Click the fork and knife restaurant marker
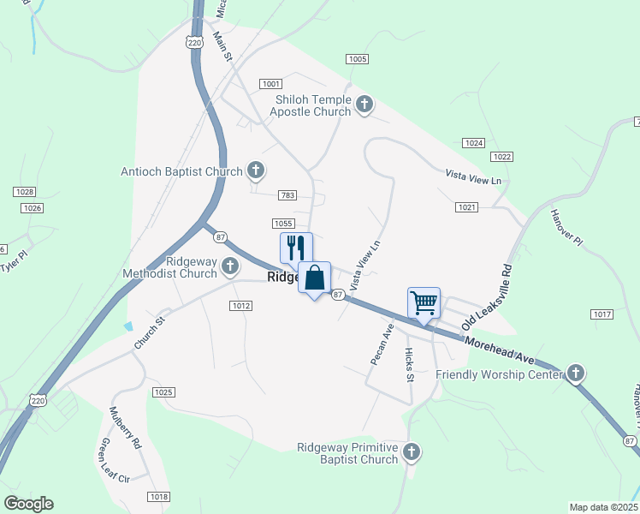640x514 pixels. coord(296,248)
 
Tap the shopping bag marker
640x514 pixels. coord(315,278)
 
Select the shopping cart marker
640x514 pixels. coord(424,302)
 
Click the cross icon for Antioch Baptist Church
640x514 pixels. coord(255,171)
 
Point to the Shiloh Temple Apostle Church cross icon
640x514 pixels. coord(364,105)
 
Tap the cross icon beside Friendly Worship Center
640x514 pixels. coord(576,374)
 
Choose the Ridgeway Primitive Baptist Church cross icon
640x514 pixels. coord(412,451)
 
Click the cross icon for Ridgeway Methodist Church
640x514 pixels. coord(230,267)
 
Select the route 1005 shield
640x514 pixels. coord(358,58)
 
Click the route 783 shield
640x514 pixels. coord(287,196)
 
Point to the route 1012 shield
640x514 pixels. coord(240,305)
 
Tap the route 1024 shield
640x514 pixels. coord(473,142)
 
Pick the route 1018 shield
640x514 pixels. coord(158,497)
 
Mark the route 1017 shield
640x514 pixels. coord(601,315)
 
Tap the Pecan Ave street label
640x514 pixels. coord(382,344)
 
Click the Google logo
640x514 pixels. coord(28,504)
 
